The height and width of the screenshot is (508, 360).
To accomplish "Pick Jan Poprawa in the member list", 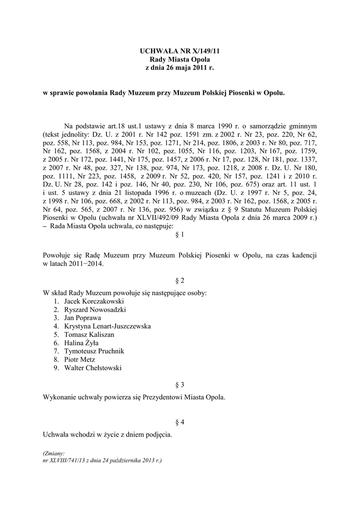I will pos(82,318).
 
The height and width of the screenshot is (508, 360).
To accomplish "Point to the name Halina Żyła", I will pos(81,343).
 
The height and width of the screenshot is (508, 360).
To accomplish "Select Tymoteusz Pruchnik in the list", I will pos(94,351).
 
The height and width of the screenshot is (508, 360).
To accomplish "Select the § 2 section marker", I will pos(180,280).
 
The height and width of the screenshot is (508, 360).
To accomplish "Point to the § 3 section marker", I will pos(180,384).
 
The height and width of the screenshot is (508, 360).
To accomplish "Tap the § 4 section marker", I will pos(180,422).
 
